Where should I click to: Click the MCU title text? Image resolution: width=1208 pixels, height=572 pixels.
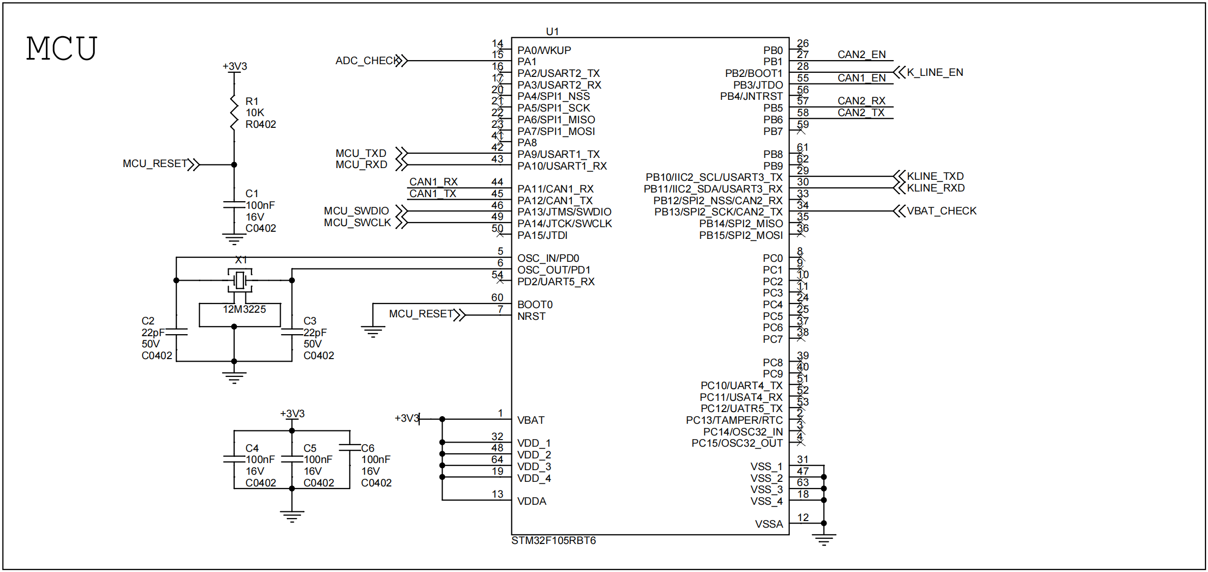coord(61,49)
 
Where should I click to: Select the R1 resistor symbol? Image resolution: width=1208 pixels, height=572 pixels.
coord(234,113)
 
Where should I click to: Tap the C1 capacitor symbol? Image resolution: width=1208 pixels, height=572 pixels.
coord(234,205)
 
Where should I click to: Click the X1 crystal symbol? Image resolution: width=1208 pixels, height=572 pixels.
coord(239,280)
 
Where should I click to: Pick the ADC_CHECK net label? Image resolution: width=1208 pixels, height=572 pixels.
coord(367,61)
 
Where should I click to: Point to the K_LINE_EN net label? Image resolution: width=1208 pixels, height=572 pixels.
coord(935,72)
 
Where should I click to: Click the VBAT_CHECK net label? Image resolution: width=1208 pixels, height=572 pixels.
coord(941,211)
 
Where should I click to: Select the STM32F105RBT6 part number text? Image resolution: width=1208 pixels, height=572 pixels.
coord(553,540)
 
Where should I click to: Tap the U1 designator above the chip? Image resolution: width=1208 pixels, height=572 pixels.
coord(552,32)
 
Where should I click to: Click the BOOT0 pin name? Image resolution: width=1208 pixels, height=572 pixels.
coord(535,305)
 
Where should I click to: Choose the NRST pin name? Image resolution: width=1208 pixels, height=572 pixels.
coord(531,316)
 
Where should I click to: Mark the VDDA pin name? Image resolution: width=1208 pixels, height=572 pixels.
coord(532,501)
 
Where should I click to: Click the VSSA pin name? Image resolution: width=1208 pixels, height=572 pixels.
coord(768,524)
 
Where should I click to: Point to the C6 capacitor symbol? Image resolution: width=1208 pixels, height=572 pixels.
coord(350,448)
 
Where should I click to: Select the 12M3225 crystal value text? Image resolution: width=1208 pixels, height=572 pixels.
coord(244,309)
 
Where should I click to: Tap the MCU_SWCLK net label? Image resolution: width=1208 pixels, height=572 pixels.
coord(358,223)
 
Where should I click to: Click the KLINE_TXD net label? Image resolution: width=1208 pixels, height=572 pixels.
coord(935,176)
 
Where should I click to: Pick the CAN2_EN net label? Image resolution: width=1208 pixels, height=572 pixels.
coord(861,55)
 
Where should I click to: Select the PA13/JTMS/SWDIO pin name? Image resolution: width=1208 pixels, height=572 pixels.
coord(564,212)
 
